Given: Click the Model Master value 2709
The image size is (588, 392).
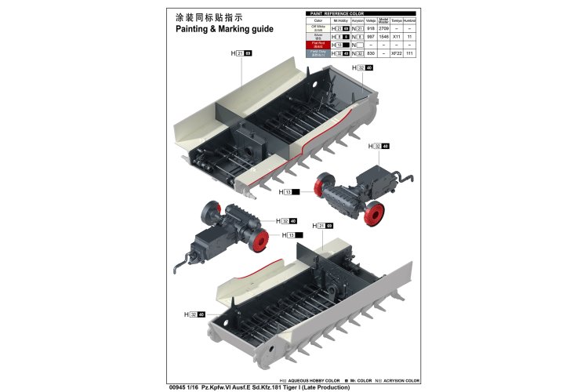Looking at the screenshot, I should coord(383,28).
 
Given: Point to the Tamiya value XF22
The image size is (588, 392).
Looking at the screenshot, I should coord(397,54).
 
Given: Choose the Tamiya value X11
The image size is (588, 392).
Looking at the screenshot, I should coord(397,37).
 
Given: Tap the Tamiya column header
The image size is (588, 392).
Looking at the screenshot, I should coord(397,20).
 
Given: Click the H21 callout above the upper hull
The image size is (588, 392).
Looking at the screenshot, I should coord(241,53).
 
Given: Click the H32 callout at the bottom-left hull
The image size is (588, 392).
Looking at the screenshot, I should coord(195,315).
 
